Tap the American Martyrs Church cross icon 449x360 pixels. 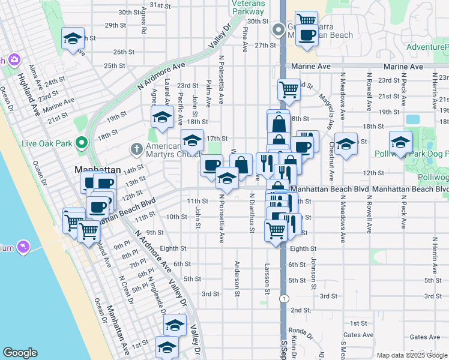(136, 148)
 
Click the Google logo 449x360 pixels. (20, 353)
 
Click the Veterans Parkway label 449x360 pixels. (248, 7)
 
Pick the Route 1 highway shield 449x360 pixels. (283, 298)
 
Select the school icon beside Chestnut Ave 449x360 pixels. (346, 144)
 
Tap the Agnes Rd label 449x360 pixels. (143, 21)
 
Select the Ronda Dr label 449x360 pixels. (298, 330)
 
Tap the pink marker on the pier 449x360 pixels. (23, 246)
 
